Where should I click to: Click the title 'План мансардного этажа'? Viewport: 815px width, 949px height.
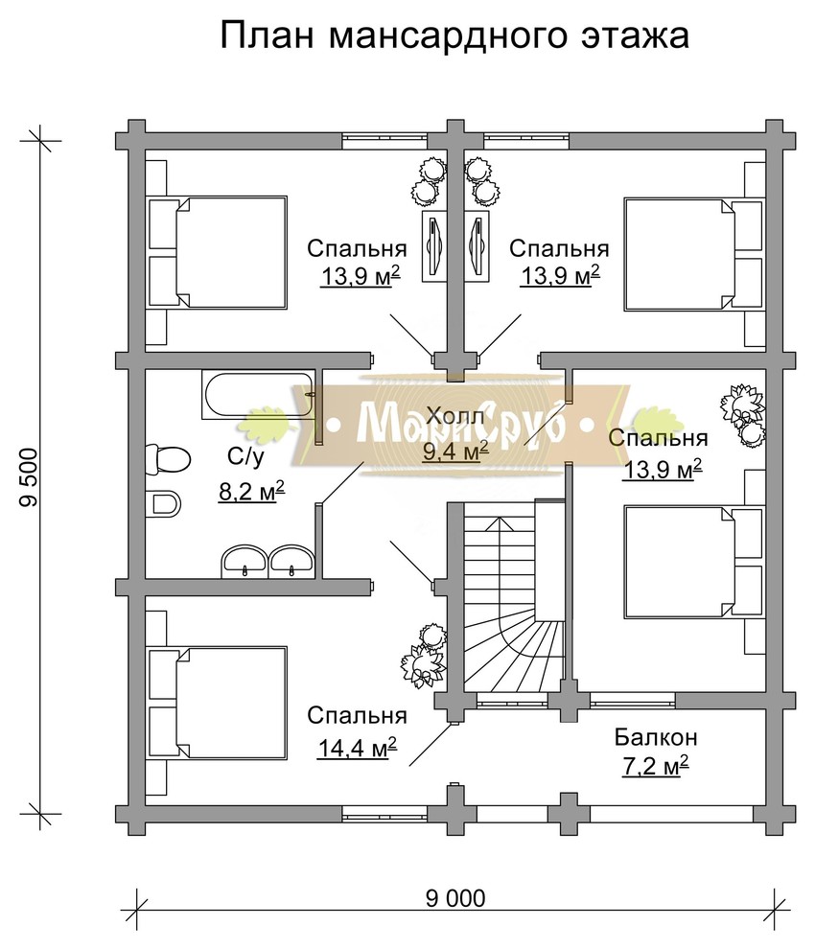coord(454,36)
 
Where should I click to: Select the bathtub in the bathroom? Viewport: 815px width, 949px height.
coord(259,395)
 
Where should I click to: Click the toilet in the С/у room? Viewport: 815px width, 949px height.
coord(166,458)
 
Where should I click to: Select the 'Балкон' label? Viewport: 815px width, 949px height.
coord(657,738)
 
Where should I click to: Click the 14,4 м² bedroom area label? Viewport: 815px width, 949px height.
coord(358,749)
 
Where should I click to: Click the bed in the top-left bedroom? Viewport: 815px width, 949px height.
coord(220,252)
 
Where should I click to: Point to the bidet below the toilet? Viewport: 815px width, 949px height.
coord(166,503)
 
